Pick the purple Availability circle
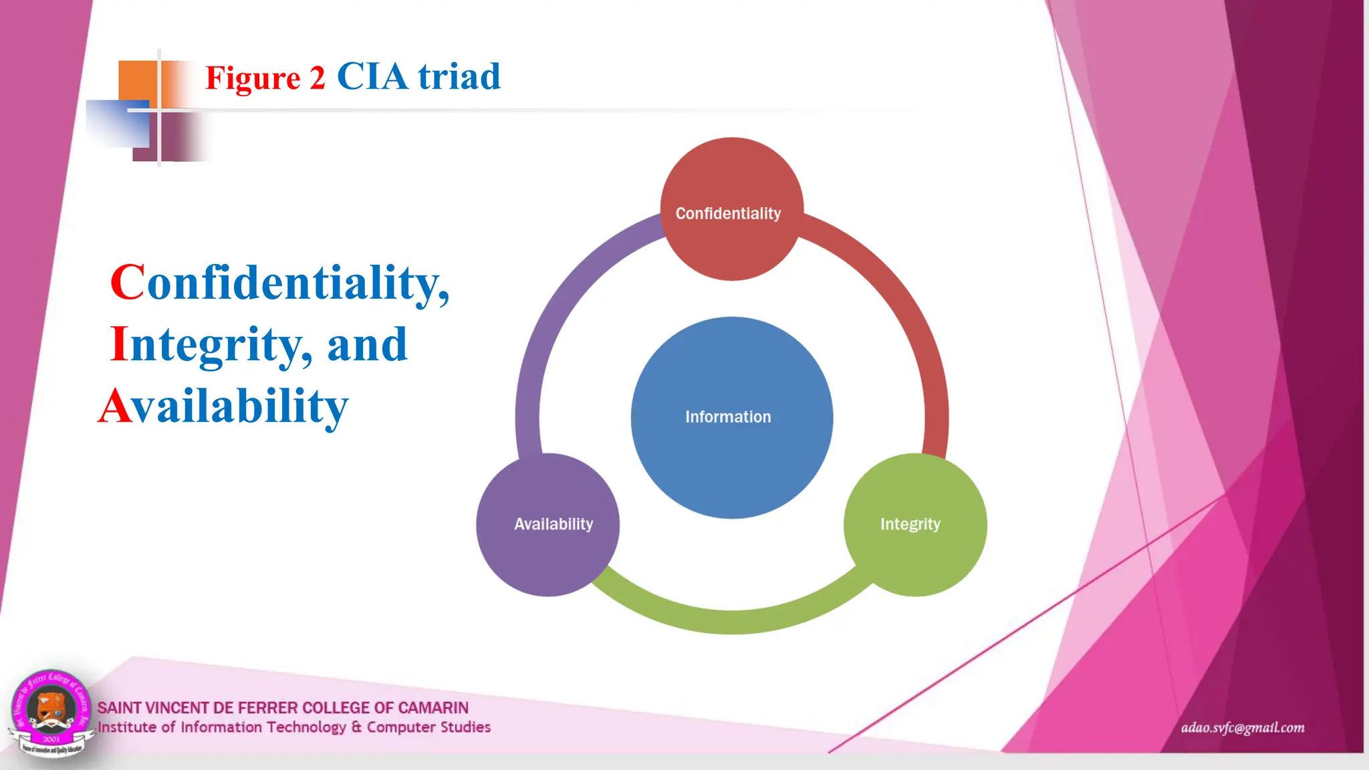pos(547,548)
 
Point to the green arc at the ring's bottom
pos(731,621)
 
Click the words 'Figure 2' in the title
pos(265,78)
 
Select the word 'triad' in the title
pos(459,76)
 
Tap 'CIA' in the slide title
pos(372,76)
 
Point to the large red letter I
pos(119,344)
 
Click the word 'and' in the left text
pos(367,345)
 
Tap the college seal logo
pos(51,713)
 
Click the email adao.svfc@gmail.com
pos(1242,727)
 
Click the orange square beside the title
pos(138,81)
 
